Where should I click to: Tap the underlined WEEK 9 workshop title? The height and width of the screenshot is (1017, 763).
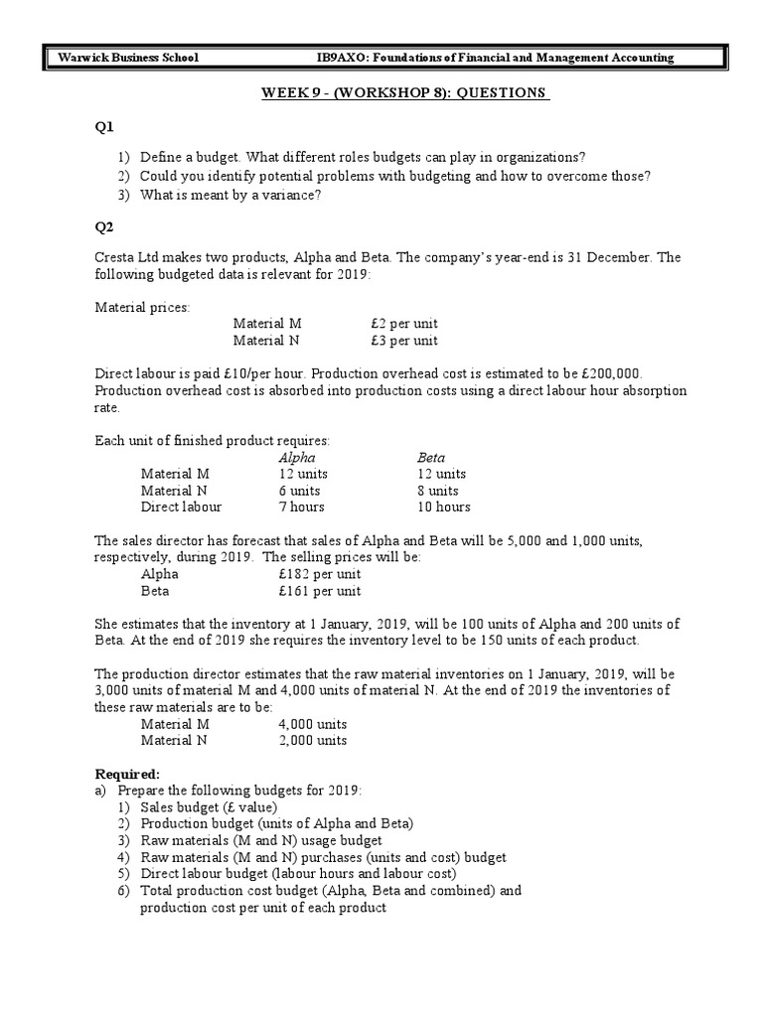tap(403, 92)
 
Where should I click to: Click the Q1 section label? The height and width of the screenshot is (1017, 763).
tap(104, 126)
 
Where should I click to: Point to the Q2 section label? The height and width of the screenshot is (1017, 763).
tap(104, 225)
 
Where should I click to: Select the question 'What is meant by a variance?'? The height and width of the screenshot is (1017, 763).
tap(229, 195)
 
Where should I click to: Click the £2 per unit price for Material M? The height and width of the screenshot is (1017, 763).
tap(402, 324)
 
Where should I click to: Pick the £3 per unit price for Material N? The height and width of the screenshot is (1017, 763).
tap(402, 341)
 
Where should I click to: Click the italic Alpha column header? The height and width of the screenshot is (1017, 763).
tap(297, 458)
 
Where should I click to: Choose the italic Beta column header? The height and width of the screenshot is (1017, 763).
tap(431, 458)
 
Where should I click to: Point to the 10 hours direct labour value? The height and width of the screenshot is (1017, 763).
tap(443, 507)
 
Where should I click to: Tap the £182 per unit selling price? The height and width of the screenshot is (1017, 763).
tap(320, 574)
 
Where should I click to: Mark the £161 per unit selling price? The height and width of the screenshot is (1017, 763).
tap(320, 591)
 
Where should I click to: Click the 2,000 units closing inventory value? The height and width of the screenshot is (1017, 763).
tap(313, 740)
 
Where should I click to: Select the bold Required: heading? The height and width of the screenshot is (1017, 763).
tap(126, 774)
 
